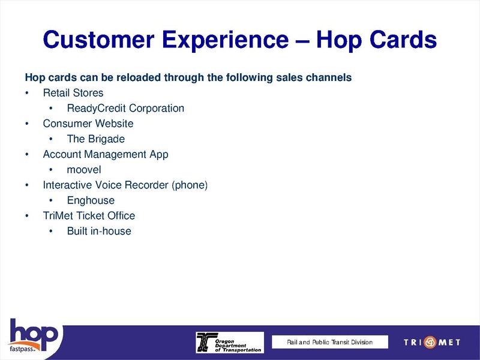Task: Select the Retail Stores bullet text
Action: (73, 93)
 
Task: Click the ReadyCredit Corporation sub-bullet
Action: (125, 109)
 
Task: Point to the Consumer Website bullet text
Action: (88, 124)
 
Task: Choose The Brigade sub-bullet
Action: (96, 139)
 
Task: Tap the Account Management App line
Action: (106, 154)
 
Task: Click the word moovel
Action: (84, 170)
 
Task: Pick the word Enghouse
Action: (91, 200)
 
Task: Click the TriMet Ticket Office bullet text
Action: (89, 215)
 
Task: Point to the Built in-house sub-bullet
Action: (99, 231)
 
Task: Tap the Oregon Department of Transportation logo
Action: (229, 343)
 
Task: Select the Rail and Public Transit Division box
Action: (329, 342)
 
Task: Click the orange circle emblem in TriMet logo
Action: (430, 343)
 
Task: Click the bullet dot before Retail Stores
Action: (27, 93)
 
